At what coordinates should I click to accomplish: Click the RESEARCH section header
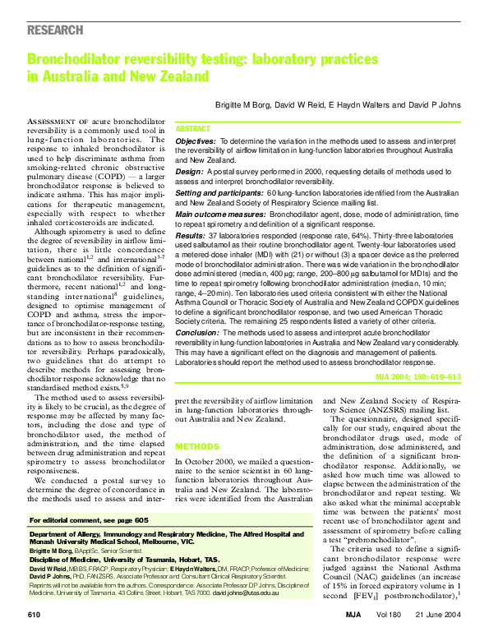coord(55,30)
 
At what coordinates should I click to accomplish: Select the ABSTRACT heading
coord(193,129)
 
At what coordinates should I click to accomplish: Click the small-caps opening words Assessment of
coord(63,121)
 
